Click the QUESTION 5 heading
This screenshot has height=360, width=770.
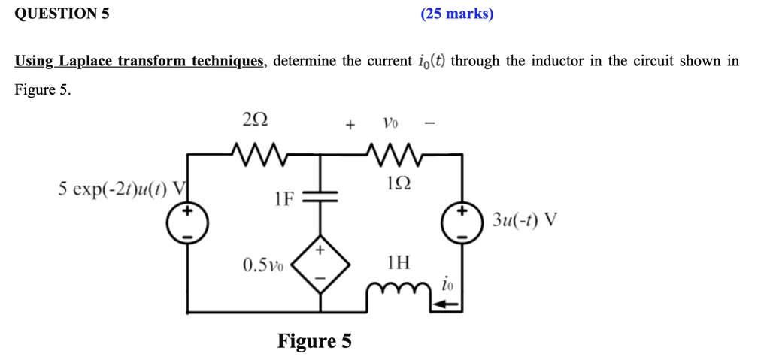pos(62,13)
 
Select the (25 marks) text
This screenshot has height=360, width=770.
pos(457,14)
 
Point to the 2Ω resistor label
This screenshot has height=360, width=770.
pos(255,119)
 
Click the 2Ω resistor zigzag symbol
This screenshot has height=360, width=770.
pos(256,154)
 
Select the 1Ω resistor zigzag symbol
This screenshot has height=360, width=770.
pos(394,154)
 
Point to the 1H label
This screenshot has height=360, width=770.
pos(399,263)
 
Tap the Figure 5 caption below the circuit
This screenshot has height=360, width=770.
pos(314,341)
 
